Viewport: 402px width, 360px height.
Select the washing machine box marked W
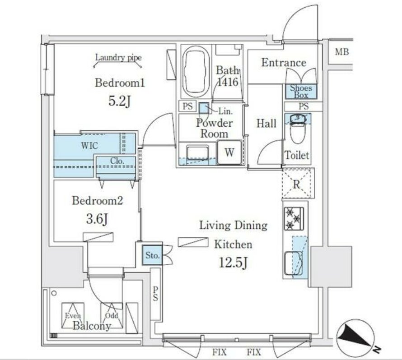pos(229,152)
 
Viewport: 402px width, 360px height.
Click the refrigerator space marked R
pos(298,183)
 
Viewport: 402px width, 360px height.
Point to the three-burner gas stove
pos(294,218)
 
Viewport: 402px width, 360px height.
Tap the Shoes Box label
pos(301,92)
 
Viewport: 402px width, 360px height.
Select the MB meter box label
pos(342,52)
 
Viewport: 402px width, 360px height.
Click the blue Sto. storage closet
pos(153,255)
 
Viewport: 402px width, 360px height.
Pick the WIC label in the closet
pos(89,146)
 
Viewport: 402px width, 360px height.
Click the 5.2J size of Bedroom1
pos(120,102)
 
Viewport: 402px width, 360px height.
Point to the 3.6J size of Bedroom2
pos(97,219)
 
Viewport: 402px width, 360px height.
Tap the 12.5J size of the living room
pos(233,263)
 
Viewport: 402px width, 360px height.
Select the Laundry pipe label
pos(118,57)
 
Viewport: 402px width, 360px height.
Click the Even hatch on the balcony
pos(73,316)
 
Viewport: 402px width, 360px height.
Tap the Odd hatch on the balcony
pos(112,316)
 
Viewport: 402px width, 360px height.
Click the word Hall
pos(266,124)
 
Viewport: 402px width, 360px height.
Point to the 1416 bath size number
pos(228,82)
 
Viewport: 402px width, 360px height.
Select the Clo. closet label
pos(117,161)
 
